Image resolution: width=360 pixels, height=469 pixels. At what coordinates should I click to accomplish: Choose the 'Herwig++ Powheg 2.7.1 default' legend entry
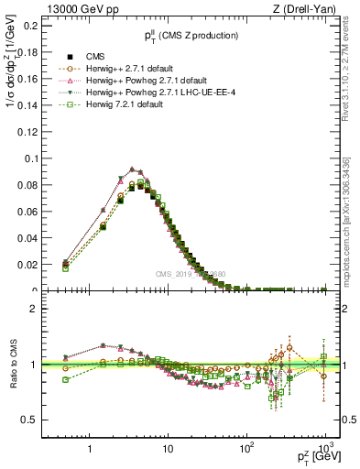[x=127, y=80]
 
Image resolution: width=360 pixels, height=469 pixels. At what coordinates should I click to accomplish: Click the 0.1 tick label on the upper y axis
[x=29, y=158]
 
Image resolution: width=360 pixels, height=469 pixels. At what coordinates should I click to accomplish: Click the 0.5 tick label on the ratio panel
[x=29, y=420]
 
